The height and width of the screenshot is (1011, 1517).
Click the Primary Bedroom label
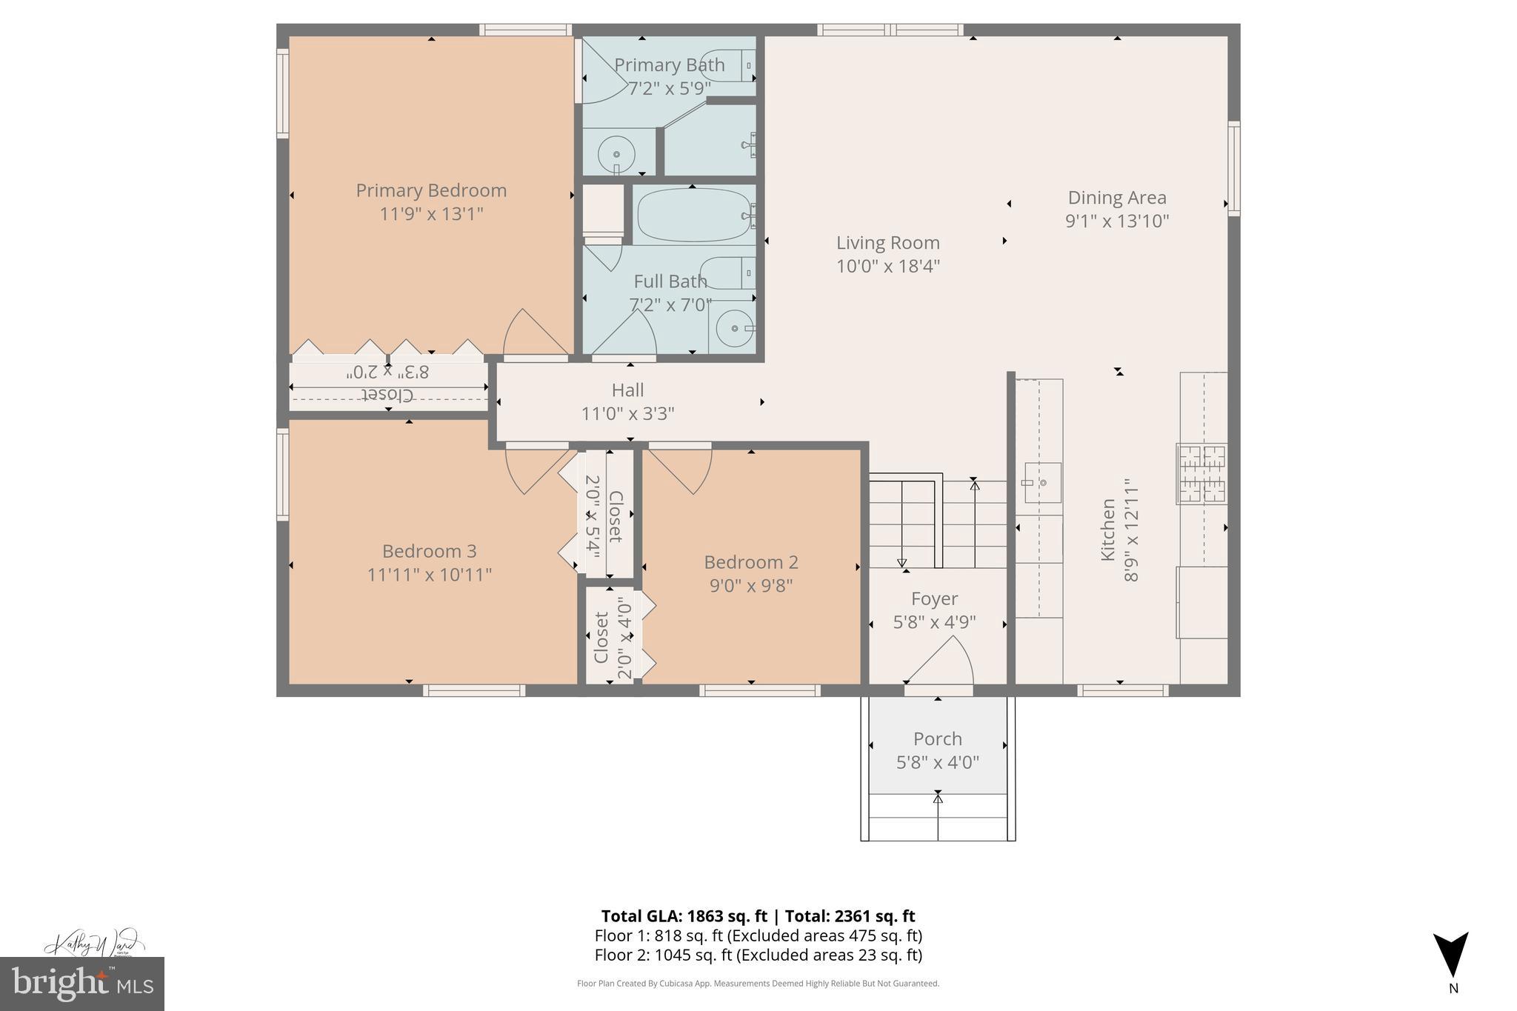pyautogui.click(x=431, y=190)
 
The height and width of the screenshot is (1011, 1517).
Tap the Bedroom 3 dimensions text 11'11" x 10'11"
pyautogui.click(x=430, y=575)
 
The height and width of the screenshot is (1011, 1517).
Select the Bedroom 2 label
pyautogui.click(x=751, y=562)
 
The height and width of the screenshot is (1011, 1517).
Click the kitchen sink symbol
pyautogui.click(x=1041, y=483)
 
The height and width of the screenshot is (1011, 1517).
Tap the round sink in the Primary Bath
pyautogui.click(x=616, y=154)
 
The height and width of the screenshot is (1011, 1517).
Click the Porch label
pyautogui.click(x=938, y=738)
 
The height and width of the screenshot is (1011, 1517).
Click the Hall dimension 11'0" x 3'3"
pyautogui.click(x=627, y=413)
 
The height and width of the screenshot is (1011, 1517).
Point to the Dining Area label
pyautogui.click(x=1117, y=198)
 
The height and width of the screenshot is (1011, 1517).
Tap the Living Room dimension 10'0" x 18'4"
pyautogui.click(x=888, y=266)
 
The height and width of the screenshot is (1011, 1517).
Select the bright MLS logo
pyautogui.click(x=81, y=984)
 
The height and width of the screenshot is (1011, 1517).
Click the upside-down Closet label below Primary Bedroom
pyautogui.click(x=388, y=394)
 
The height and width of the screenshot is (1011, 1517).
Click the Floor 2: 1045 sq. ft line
pyautogui.click(x=758, y=955)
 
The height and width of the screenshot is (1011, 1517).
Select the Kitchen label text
pyautogui.click(x=1107, y=530)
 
